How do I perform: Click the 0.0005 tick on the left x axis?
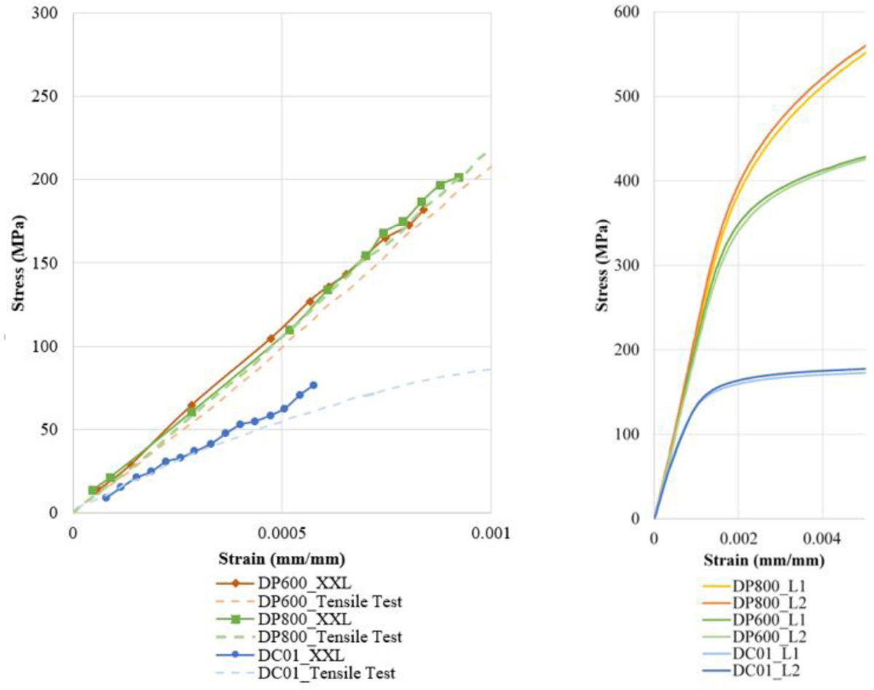[282, 533]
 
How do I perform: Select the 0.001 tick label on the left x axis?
[490, 533]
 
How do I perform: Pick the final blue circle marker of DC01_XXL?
[313, 385]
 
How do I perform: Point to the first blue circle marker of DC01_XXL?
[106, 498]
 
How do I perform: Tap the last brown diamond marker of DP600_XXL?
[423, 210]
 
